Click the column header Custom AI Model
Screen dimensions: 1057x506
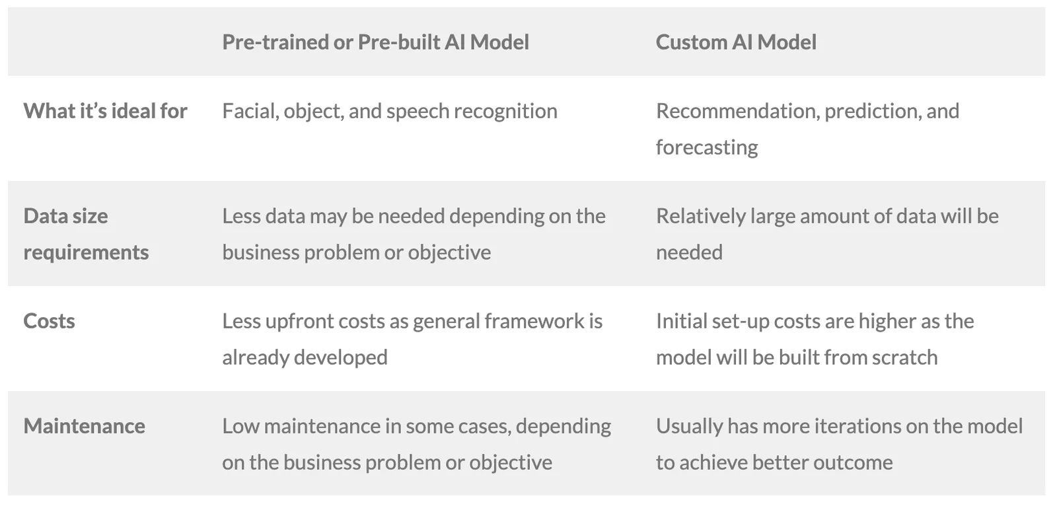[736, 42]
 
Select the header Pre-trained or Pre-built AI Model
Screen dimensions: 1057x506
[376, 42]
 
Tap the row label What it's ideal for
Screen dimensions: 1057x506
[105, 111]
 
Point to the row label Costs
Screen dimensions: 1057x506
[49, 321]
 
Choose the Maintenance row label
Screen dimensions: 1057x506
[85, 426]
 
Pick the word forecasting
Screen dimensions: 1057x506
[707, 148]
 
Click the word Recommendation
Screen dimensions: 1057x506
[738, 112]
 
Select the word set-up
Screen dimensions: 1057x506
[741, 322]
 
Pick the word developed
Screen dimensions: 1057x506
[340, 358]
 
